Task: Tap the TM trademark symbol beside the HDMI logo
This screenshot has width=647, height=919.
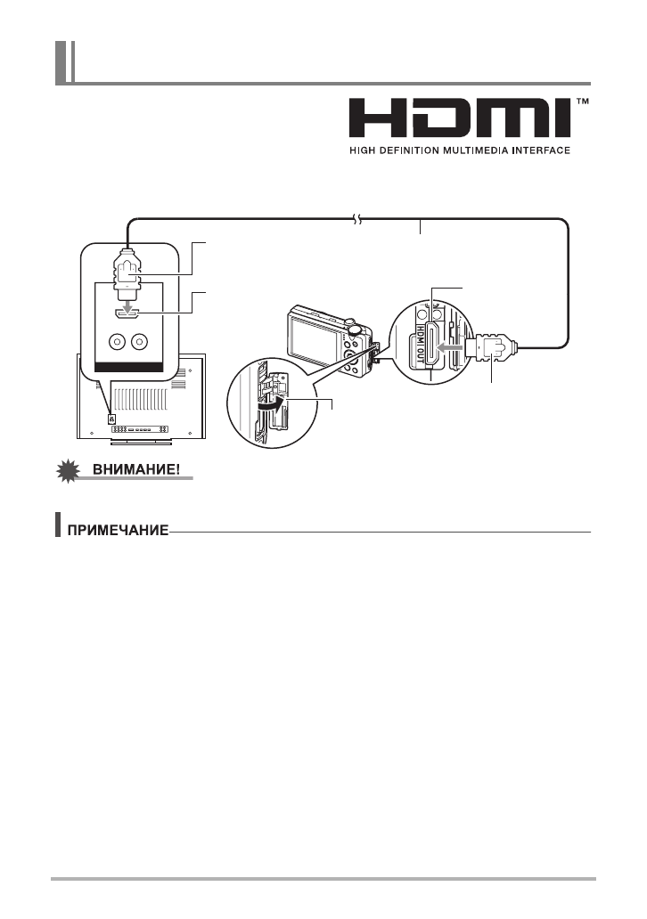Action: tap(583, 102)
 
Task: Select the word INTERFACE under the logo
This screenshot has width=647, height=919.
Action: tap(537, 150)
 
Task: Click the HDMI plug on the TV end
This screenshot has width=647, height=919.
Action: tap(127, 271)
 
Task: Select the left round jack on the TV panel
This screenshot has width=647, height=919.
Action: tap(116, 342)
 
